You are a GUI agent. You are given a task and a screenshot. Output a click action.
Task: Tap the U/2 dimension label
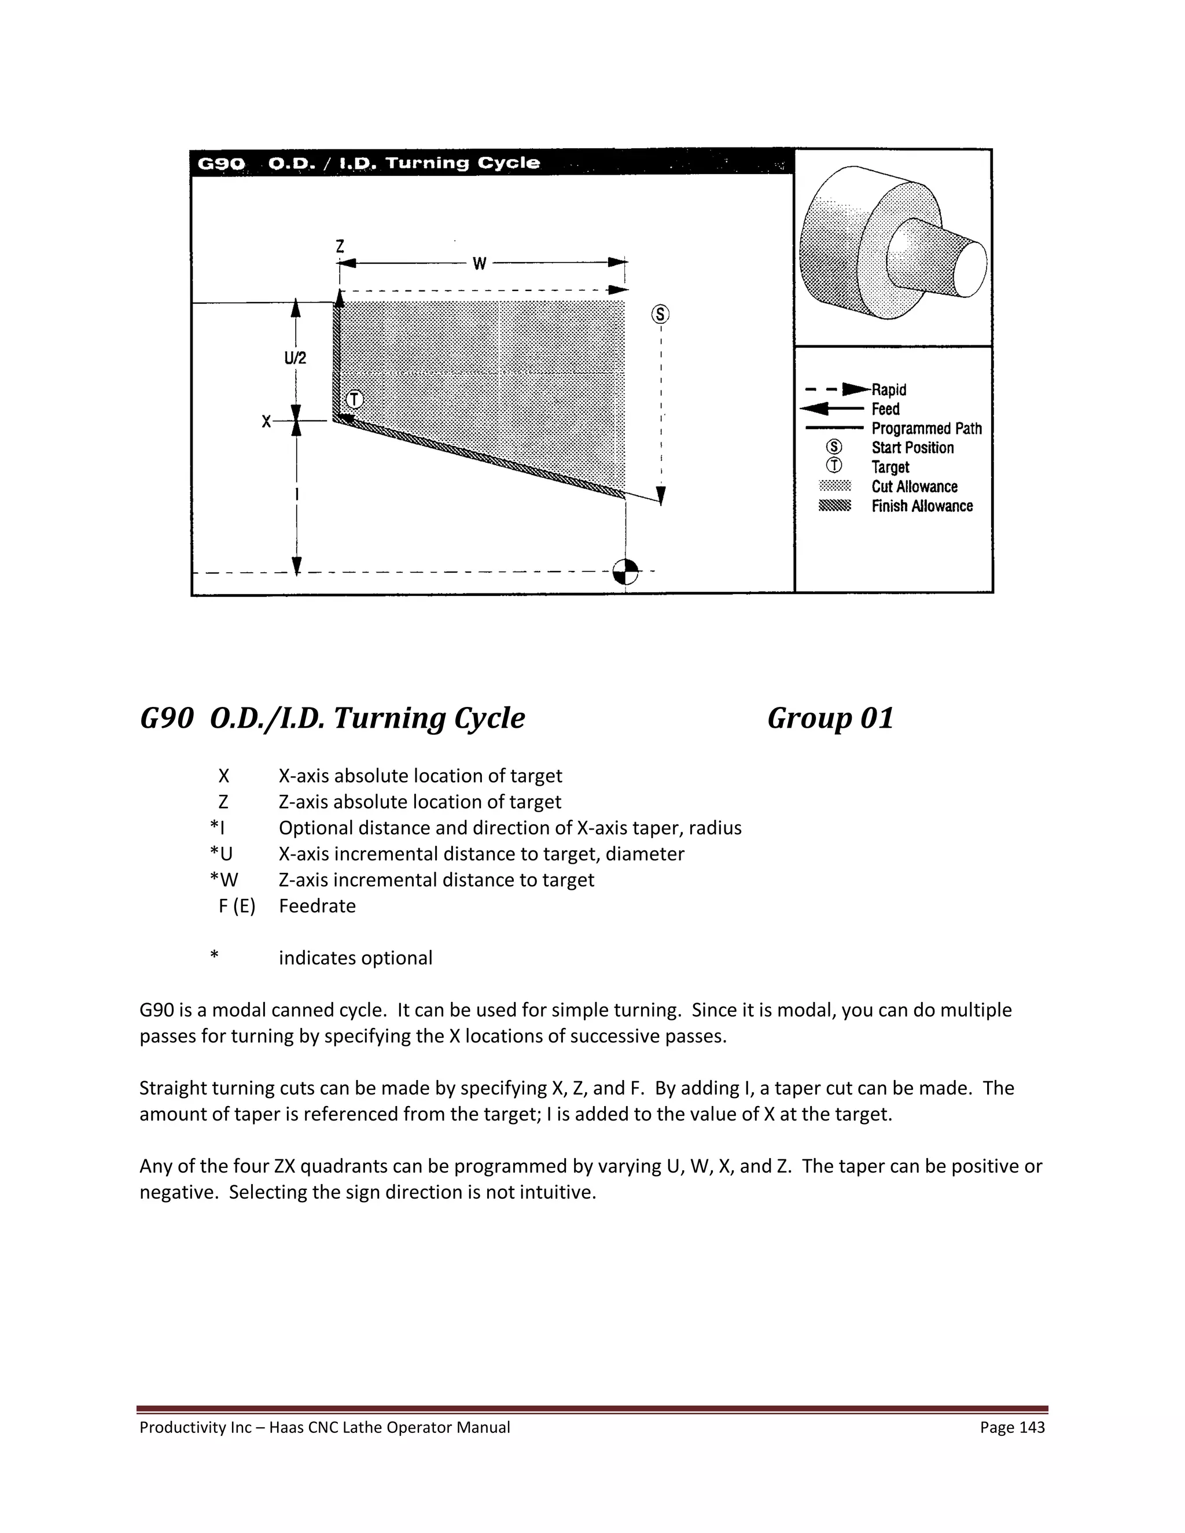coord(295,358)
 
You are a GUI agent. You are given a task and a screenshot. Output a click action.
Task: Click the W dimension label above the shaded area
coord(480,264)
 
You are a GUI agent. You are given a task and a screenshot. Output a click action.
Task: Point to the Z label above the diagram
coord(340,246)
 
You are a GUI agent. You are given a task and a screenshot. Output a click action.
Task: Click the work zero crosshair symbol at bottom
coord(625,572)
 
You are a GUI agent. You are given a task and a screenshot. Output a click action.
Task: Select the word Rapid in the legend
coord(889,389)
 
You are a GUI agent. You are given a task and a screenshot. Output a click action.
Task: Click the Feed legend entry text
coord(885,409)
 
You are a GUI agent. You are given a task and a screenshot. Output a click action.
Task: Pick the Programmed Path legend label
coord(926,428)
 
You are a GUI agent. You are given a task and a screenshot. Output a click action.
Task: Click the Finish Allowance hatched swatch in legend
coord(835,506)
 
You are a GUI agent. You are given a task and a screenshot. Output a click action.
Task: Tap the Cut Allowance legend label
coord(914,487)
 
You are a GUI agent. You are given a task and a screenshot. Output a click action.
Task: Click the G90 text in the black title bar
coord(221,164)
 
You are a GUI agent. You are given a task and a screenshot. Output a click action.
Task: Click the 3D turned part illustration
coord(892,242)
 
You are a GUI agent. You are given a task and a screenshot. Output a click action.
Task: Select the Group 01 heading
coord(830,718)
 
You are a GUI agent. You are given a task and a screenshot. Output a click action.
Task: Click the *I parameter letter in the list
coord(217,828)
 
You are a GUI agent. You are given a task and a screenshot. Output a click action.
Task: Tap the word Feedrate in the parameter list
coord(317,906)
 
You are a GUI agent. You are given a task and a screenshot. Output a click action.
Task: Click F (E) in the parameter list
coord(237,906)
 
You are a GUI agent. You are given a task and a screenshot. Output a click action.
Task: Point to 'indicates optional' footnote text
coord(355,958)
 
